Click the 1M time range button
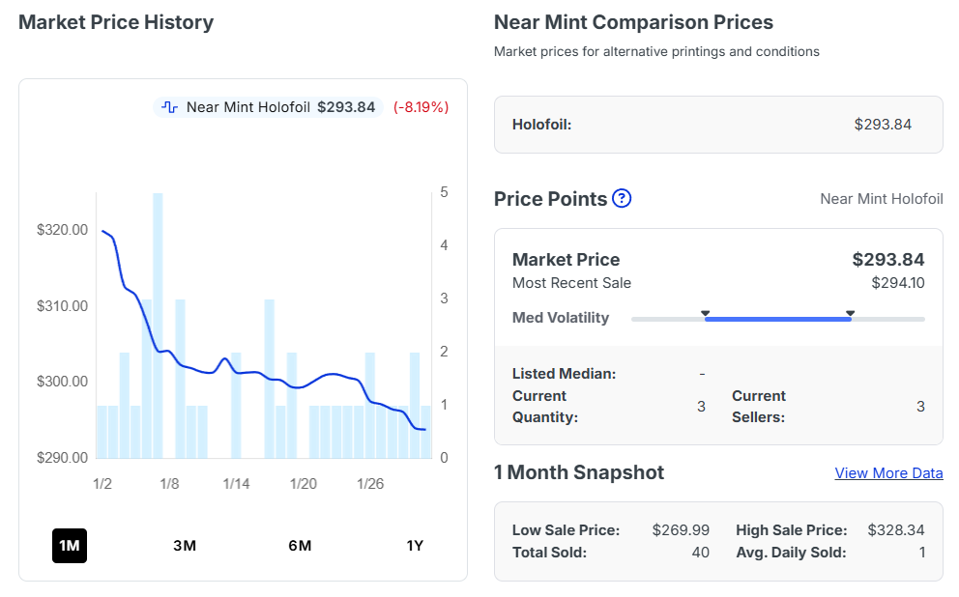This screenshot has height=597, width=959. click(70, 546)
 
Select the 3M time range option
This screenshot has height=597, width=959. click(185, 546)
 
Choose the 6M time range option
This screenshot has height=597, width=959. click(300, 546)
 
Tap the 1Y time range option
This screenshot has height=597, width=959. click(415, 546)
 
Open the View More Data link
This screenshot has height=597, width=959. click(888, 473)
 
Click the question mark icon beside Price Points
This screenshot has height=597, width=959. click(622, 199)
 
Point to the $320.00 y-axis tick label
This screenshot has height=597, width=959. click(62, 230)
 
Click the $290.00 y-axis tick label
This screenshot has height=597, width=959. click(62, 457)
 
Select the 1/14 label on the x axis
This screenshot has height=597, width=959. click(237, 483)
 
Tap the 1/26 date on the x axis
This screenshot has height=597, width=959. click(370, 483)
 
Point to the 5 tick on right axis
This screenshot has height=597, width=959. click(444, 192)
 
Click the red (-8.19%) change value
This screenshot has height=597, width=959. click(421, 107)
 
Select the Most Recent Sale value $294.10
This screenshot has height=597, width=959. click(897, 283)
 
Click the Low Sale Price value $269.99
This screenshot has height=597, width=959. click(681, 530)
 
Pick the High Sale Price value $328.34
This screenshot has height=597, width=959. click(896, 530)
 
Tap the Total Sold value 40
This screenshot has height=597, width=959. click(700, 553)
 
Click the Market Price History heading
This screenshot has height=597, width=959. click(116, 22)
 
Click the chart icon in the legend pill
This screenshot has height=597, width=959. click(170, 107)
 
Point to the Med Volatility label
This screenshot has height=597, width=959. click(561, 318)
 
